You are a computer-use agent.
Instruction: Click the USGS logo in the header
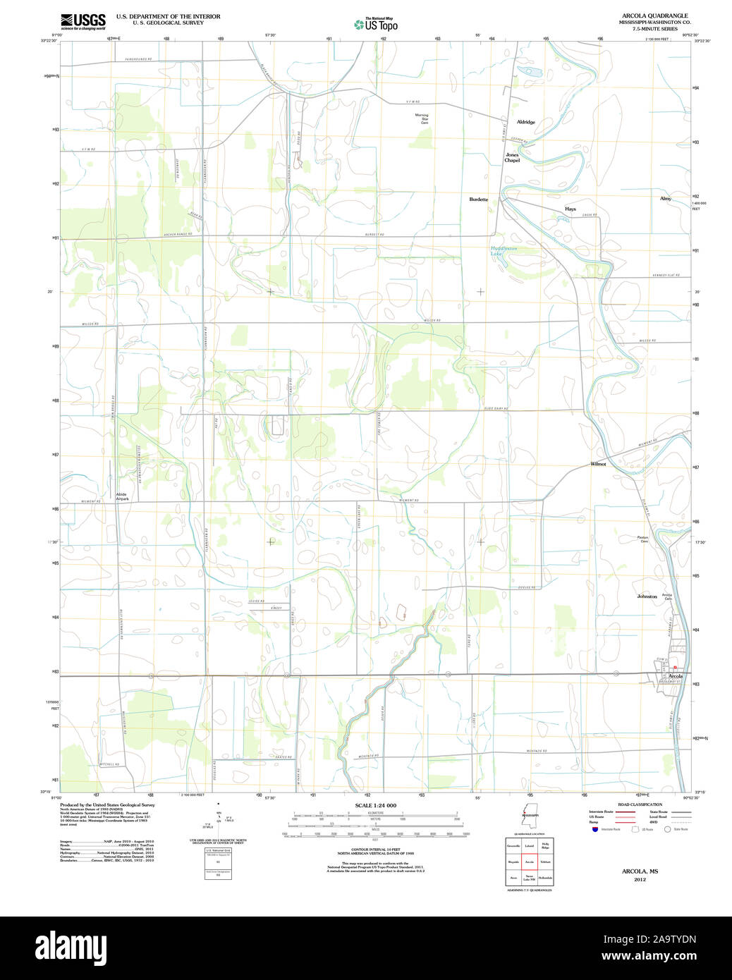(83, 21)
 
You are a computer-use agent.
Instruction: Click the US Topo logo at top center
(376, 25)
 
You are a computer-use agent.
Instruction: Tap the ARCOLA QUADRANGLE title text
(654, 16)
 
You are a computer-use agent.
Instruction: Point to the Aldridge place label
(525, 122)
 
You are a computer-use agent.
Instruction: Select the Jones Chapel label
(512, 157)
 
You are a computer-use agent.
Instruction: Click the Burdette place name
(478, 200)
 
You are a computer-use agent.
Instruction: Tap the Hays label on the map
(570, 209)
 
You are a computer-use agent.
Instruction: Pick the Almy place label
(665, 199)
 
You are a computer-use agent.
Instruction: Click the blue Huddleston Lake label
(504, 250)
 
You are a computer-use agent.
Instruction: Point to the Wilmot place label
(598, 464)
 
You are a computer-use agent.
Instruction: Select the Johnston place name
(647, 596)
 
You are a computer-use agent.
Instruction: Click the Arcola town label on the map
(675, 676)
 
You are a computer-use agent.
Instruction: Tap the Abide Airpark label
(122, 496)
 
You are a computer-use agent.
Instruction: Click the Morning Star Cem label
(422, 118)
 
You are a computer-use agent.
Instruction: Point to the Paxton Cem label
(643, 539)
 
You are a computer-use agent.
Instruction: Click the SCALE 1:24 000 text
(375, 805)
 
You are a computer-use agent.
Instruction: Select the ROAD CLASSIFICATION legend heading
(640, 804)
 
